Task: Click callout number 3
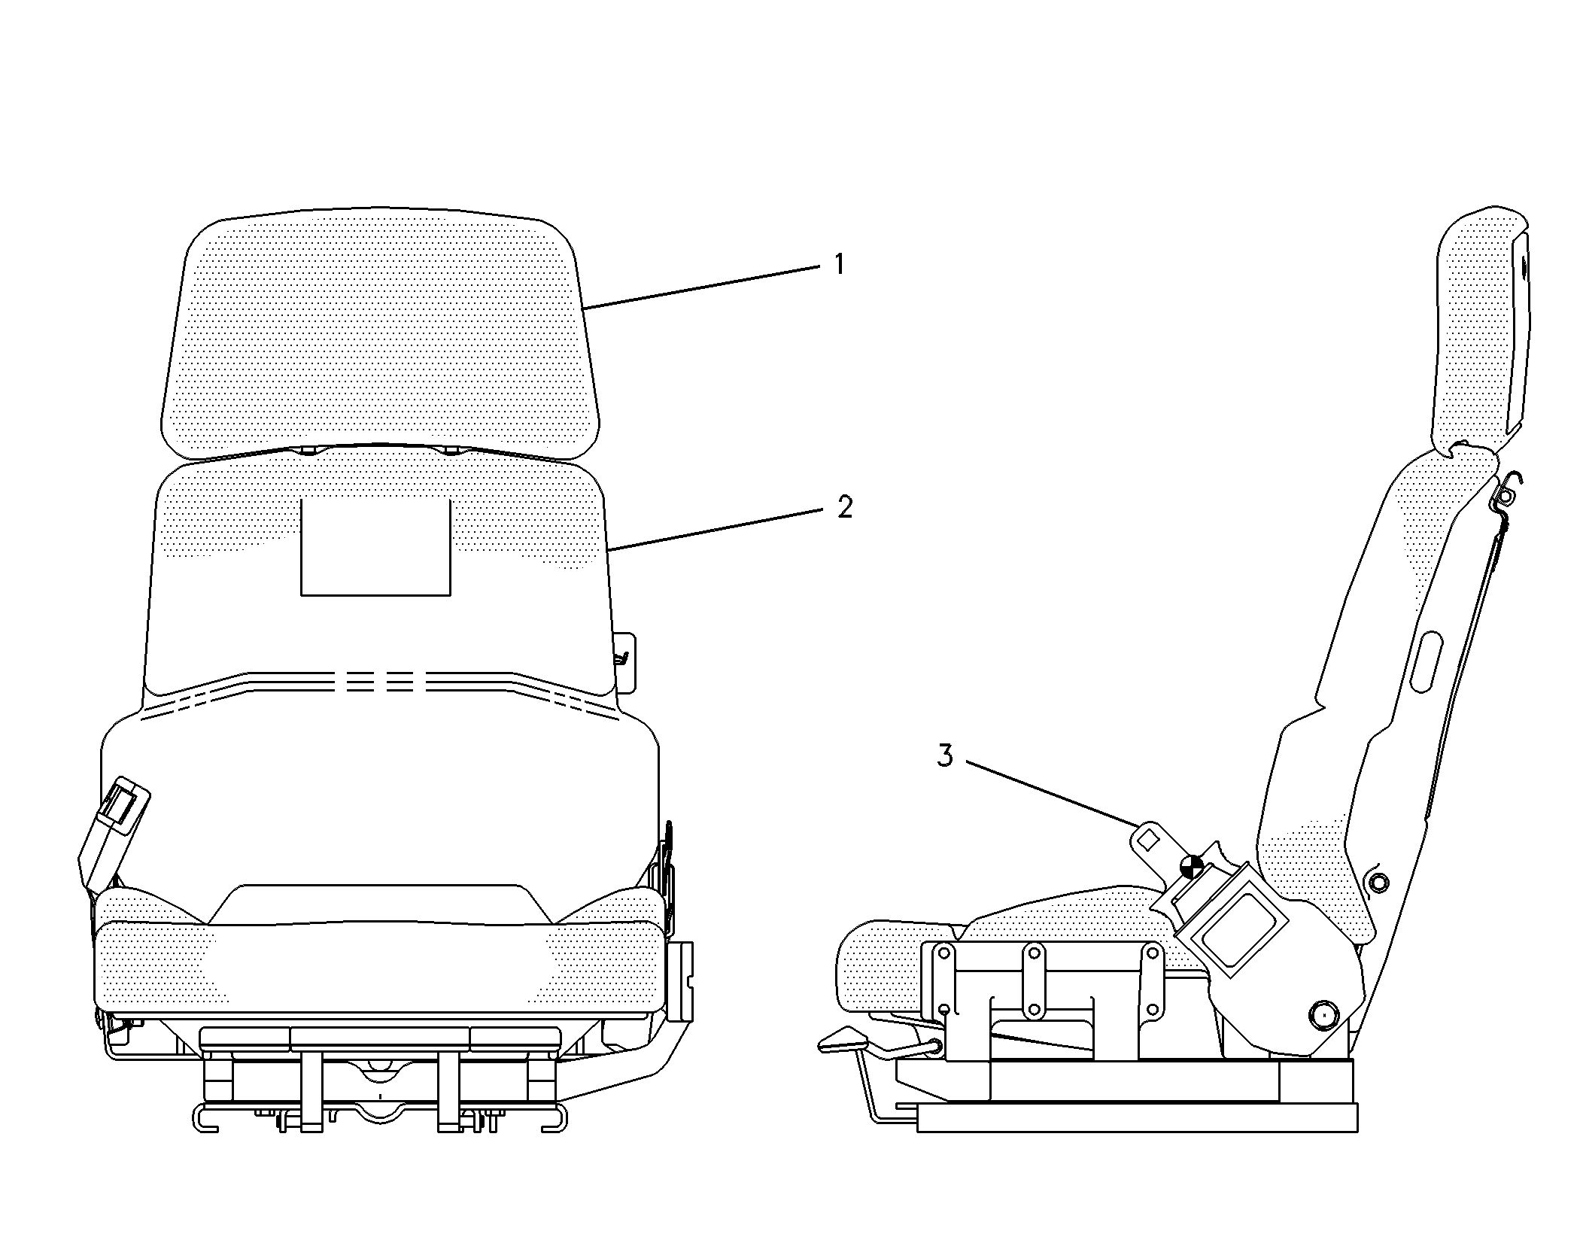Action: [945, 755]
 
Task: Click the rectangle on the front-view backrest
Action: [375, 546]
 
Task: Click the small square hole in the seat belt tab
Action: [1149, 838]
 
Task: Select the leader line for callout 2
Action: [715, 530]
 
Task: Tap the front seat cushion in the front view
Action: [380, 967]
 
